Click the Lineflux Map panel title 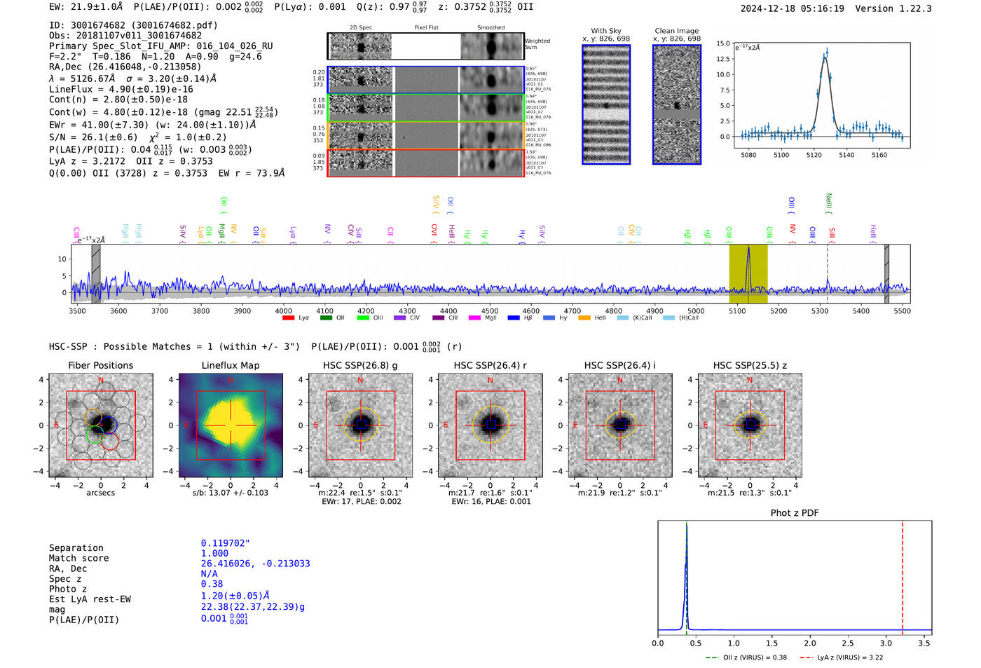tap(230, 365)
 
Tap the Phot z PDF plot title tap(795, 512)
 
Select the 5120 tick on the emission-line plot tap(814, 155)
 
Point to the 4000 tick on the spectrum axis tap(284, 311)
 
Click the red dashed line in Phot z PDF tap(903, 575)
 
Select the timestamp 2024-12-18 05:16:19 tap(792, 8)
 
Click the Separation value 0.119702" tap(225, 543)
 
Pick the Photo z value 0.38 tap(212, 584)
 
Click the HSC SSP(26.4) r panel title tap(490, 365)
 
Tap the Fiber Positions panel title tap(100, 365)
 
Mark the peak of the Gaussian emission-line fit tap(826, 56)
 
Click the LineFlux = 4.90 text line tap(121, 89)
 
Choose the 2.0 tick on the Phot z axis tap(810, 643)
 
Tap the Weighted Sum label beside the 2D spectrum tap(537, 44)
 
